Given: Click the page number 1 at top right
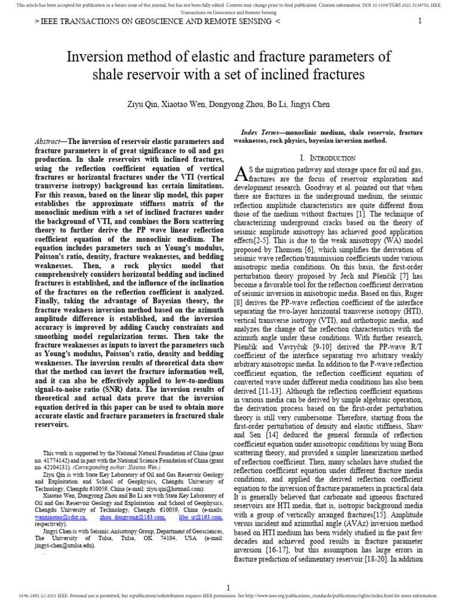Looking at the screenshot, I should pyautogui.click(x=420, y=21).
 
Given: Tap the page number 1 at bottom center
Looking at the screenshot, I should pyautogui.click(x=228, y=588).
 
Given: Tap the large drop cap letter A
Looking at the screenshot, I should pyautogui.click(x=241, y=174).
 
